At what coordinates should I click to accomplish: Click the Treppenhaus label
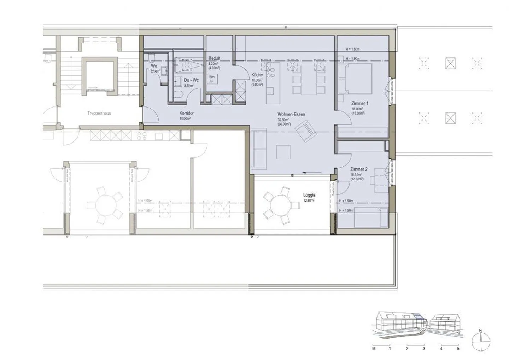99,113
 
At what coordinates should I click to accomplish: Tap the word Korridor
186,113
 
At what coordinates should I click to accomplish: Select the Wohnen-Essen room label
291,114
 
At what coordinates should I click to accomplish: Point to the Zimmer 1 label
359,104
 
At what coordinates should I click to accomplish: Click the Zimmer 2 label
358,169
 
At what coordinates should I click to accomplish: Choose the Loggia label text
309,195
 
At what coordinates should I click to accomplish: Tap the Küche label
257,75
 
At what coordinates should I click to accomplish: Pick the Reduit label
214,58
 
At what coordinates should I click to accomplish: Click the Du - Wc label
191,80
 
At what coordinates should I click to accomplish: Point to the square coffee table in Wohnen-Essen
284,152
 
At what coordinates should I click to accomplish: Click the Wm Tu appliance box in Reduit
212,79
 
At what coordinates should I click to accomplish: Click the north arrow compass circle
481,342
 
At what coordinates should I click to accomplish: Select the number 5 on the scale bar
458,349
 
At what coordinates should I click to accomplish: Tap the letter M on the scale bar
374,349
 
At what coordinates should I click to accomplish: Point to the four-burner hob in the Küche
271,73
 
